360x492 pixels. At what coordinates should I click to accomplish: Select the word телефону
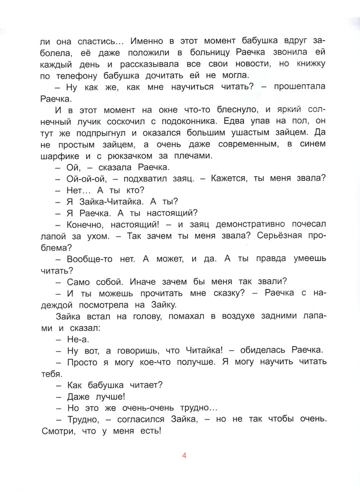tap(77, 75)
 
